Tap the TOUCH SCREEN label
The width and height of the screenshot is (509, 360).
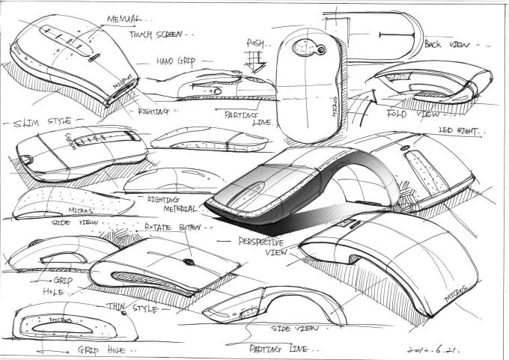[156, 34]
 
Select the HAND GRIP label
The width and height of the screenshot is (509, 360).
[176, 61]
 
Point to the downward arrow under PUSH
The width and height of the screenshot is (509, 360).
[256, 62]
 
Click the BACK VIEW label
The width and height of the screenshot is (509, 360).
[448, 44]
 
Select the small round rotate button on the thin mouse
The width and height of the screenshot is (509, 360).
[188, 262]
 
